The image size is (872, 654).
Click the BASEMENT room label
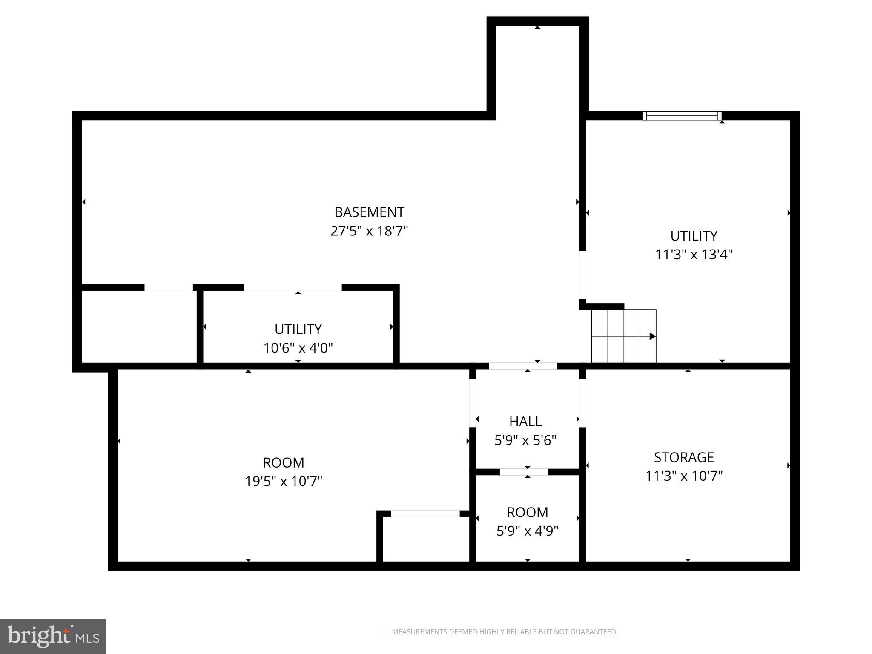[369, 212]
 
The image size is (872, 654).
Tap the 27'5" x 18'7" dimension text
[369, 231]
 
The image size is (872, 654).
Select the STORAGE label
[684, 457]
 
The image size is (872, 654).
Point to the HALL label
[525, 422]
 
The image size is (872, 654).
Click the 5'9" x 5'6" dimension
[525, 440]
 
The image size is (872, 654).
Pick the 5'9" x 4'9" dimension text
[527, 531]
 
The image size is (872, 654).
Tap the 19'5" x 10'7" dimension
[284, 482]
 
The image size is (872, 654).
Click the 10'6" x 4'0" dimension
[298, 348]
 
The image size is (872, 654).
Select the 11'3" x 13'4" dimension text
[694, 255]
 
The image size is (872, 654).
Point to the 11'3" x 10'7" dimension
[684, 476]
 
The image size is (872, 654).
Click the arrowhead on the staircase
[652, 336]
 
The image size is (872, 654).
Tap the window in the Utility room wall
[682, 116]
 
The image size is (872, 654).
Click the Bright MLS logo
[53, 637]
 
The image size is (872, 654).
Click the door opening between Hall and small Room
[524, 472]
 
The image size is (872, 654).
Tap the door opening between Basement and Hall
[523, 366]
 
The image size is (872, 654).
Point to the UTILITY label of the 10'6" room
[298, 330]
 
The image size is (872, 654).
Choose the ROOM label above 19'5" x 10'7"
[284, 463]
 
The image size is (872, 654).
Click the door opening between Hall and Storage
[582, 403]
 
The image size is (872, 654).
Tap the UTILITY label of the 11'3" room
[694, 236]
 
